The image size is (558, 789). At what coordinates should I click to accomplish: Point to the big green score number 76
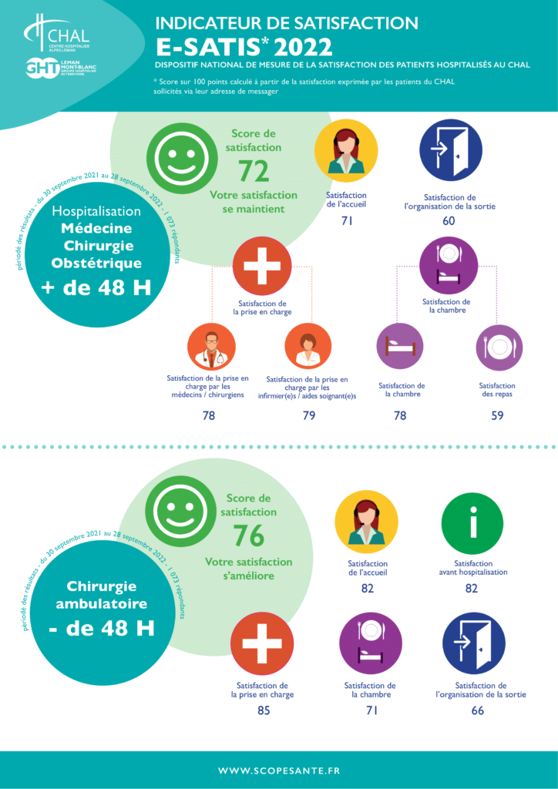[248, 536]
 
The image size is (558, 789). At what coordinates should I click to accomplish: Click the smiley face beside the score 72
[176, 157]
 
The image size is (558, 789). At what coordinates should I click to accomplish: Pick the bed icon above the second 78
[399, 347]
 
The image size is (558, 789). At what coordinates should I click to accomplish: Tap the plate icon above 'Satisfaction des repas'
[499, 347]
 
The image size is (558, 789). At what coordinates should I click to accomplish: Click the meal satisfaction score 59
[498, 416]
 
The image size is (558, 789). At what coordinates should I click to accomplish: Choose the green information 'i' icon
[472, 523]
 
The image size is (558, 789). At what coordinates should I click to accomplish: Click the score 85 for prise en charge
[263, 710]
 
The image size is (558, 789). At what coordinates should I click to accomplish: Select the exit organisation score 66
[477, 710]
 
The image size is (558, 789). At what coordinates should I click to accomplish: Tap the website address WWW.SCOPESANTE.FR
[279, 770]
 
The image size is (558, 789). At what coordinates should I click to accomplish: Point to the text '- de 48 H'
[101, 628]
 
